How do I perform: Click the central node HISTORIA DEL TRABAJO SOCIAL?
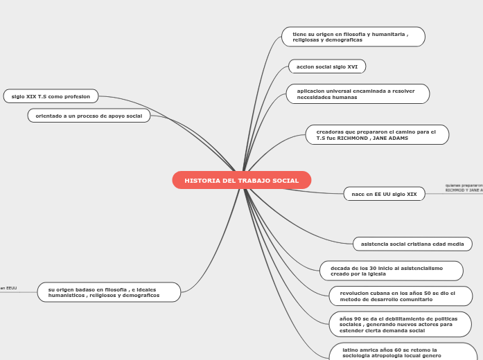coord(241,181)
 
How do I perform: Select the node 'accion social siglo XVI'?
coord(326,66)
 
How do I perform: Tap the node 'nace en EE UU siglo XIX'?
coord(384,194)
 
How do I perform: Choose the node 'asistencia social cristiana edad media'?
coord(412,244)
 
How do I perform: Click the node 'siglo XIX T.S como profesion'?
coord(51,96)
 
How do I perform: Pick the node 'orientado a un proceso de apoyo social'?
coord(89,116)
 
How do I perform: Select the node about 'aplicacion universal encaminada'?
coord(357,94)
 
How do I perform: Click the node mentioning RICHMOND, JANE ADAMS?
coord(376,134)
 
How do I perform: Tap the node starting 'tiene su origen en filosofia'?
coord(353,37)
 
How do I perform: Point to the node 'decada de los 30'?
coord(391,271)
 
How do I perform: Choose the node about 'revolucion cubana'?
coord(400,296)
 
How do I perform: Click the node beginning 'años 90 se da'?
coord(400,324)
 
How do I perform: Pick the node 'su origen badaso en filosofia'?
coord(109,292)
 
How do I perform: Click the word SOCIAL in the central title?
coord(286,181)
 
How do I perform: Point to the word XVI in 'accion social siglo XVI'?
coord(352,66)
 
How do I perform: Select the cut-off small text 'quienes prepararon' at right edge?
coord(464,186)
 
